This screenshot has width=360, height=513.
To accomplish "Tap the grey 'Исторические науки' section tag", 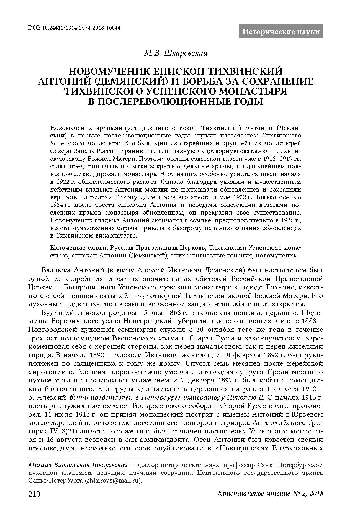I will pos(281,32).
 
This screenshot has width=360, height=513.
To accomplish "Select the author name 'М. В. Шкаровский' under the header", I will pos(176,53).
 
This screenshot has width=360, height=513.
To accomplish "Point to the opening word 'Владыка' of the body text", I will pos(56,270).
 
